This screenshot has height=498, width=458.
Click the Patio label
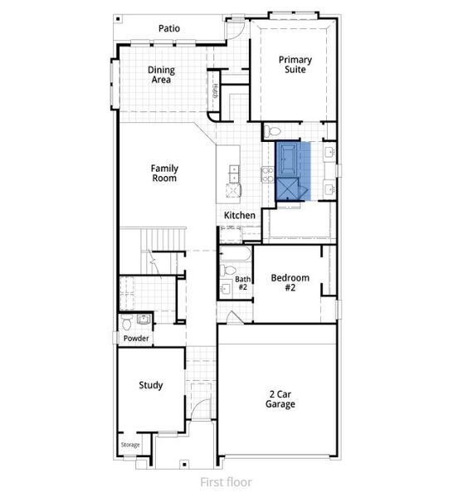pyautogui.click(x=169, y=28)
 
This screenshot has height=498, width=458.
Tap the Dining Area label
pyautogui.click(x=161, y=76)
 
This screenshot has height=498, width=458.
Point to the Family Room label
pyautogui.click(x=164, y=173)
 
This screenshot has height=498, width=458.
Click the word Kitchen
pyautogui.click(x=240, y=215)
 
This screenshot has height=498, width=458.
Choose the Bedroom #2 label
pyautogui.click(x=290, y=283)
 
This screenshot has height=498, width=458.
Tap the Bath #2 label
pyautogui.click(x=242, y=283)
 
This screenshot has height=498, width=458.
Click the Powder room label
pyautogui.click(x=135, y=339)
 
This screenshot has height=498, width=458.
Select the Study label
pyautogui.click(x=151, y=385)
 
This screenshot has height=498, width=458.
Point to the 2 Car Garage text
pyautogui.click(x=280, y=399)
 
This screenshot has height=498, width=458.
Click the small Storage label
pyautogui.click(x=130, y=446)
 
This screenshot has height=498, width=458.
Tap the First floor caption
pyautogui.click(x=226, y=481)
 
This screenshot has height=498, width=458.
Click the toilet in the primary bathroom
pyautogui.click(x=274, y=131)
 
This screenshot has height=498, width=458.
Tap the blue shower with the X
pyautogui.click(x=291, y=189)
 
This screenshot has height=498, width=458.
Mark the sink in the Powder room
pyautogui.click(x=143, y=319)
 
